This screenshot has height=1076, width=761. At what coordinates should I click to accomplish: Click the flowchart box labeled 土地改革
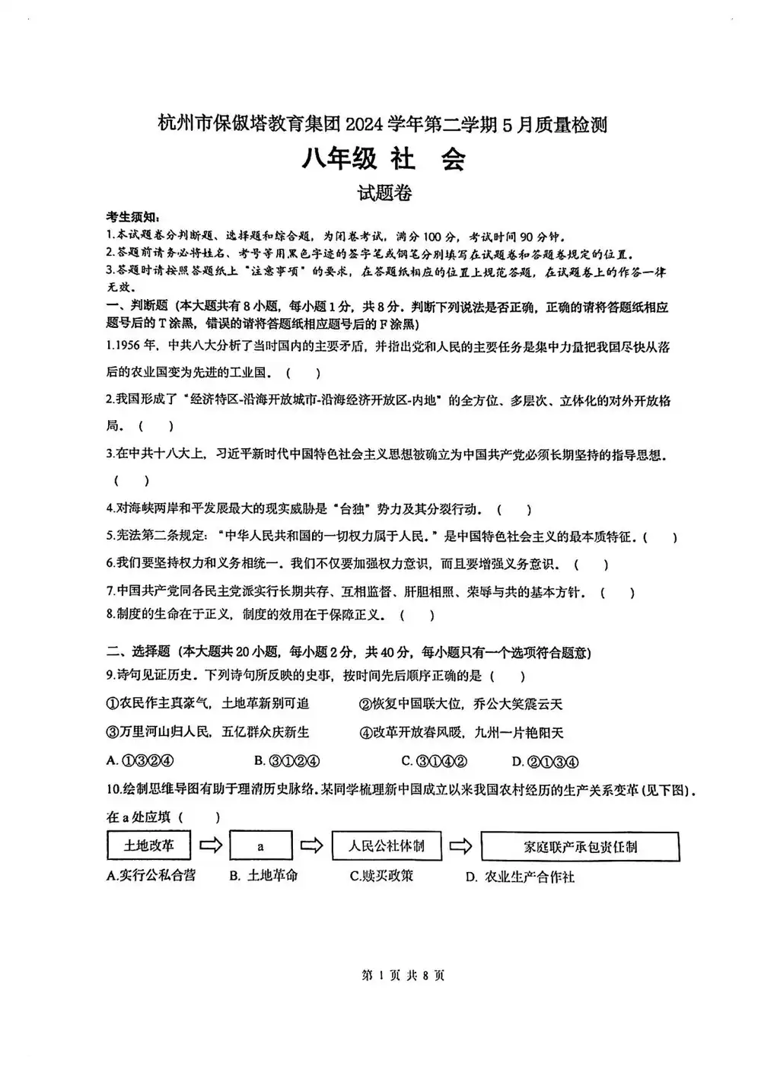tap(148, 845)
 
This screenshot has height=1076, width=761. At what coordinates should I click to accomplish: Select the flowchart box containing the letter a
tap(260, 846)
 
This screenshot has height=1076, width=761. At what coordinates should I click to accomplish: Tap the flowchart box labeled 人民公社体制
tap(387, 845)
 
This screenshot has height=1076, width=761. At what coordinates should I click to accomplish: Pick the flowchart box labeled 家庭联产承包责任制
tap(580, 846)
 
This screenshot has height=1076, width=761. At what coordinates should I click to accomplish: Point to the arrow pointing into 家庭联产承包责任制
tap(461, 845)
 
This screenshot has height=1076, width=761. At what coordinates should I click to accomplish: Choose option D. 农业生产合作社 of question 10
tap(521, 877)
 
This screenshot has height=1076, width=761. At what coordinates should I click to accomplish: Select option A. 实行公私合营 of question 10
tap(151, 875)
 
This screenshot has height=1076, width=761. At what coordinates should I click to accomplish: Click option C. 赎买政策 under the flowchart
tap(382, 875)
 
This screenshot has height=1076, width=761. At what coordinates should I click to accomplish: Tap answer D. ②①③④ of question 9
tap(546, 760)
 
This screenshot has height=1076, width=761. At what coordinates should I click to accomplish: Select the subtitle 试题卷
tap(385, 194)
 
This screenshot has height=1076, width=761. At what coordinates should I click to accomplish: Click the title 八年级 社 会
tap(384, 159)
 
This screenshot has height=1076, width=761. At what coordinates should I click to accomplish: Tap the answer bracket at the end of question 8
tap(417, 615)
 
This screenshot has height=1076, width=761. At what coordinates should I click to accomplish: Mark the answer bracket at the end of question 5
tap(660, 537)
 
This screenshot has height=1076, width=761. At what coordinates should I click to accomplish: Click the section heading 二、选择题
tap(138, 651)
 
